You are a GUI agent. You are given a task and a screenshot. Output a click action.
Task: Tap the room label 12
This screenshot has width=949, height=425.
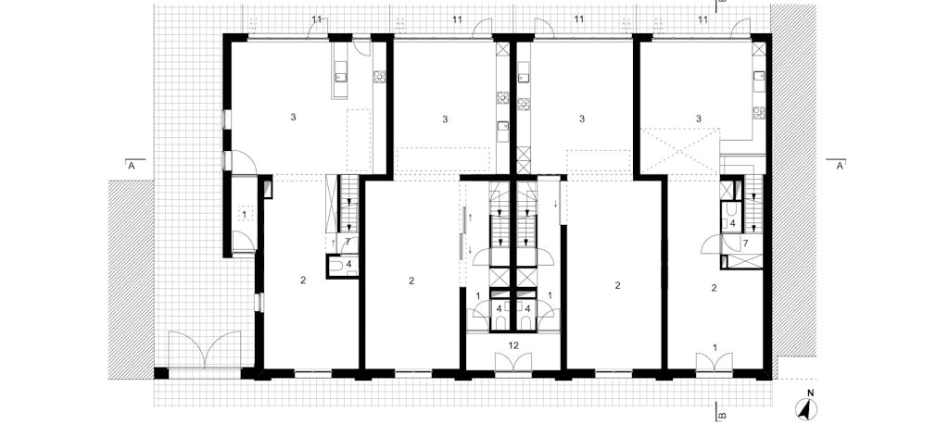(513, 345)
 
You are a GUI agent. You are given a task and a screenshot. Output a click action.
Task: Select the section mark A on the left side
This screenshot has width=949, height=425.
(131, 167)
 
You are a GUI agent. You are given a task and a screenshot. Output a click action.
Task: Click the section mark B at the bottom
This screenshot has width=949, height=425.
(721, 416)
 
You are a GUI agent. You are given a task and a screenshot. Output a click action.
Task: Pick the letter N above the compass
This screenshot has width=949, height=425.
(811, 393)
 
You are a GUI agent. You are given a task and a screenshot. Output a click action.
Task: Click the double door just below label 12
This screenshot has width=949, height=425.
(513, 363)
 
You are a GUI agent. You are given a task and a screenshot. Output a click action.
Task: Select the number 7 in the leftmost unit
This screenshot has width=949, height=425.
(348, 242)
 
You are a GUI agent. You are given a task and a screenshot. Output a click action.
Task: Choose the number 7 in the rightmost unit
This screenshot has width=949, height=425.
(745, 244)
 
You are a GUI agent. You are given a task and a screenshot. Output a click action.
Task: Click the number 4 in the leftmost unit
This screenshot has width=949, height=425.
(348, 264)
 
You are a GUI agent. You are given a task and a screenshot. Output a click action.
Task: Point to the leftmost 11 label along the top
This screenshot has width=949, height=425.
(317, 19)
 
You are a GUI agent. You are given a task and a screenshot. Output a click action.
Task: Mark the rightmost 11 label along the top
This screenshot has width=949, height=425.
(702, 19)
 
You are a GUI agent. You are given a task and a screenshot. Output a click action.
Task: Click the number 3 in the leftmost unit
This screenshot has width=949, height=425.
(294, 118)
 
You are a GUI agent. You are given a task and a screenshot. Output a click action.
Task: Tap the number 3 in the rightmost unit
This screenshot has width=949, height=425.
(699, 119)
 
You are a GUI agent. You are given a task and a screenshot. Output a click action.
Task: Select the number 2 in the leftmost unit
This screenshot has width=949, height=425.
(303, 280)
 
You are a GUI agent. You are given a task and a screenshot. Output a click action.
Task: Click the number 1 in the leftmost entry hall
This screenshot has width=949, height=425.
(245, 214)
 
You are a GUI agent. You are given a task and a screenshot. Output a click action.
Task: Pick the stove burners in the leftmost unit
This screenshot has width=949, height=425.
(379, 77)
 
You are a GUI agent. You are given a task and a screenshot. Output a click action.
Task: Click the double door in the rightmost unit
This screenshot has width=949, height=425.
(715, 363)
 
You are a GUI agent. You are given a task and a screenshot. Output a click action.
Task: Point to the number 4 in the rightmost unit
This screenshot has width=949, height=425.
(732, 223)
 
